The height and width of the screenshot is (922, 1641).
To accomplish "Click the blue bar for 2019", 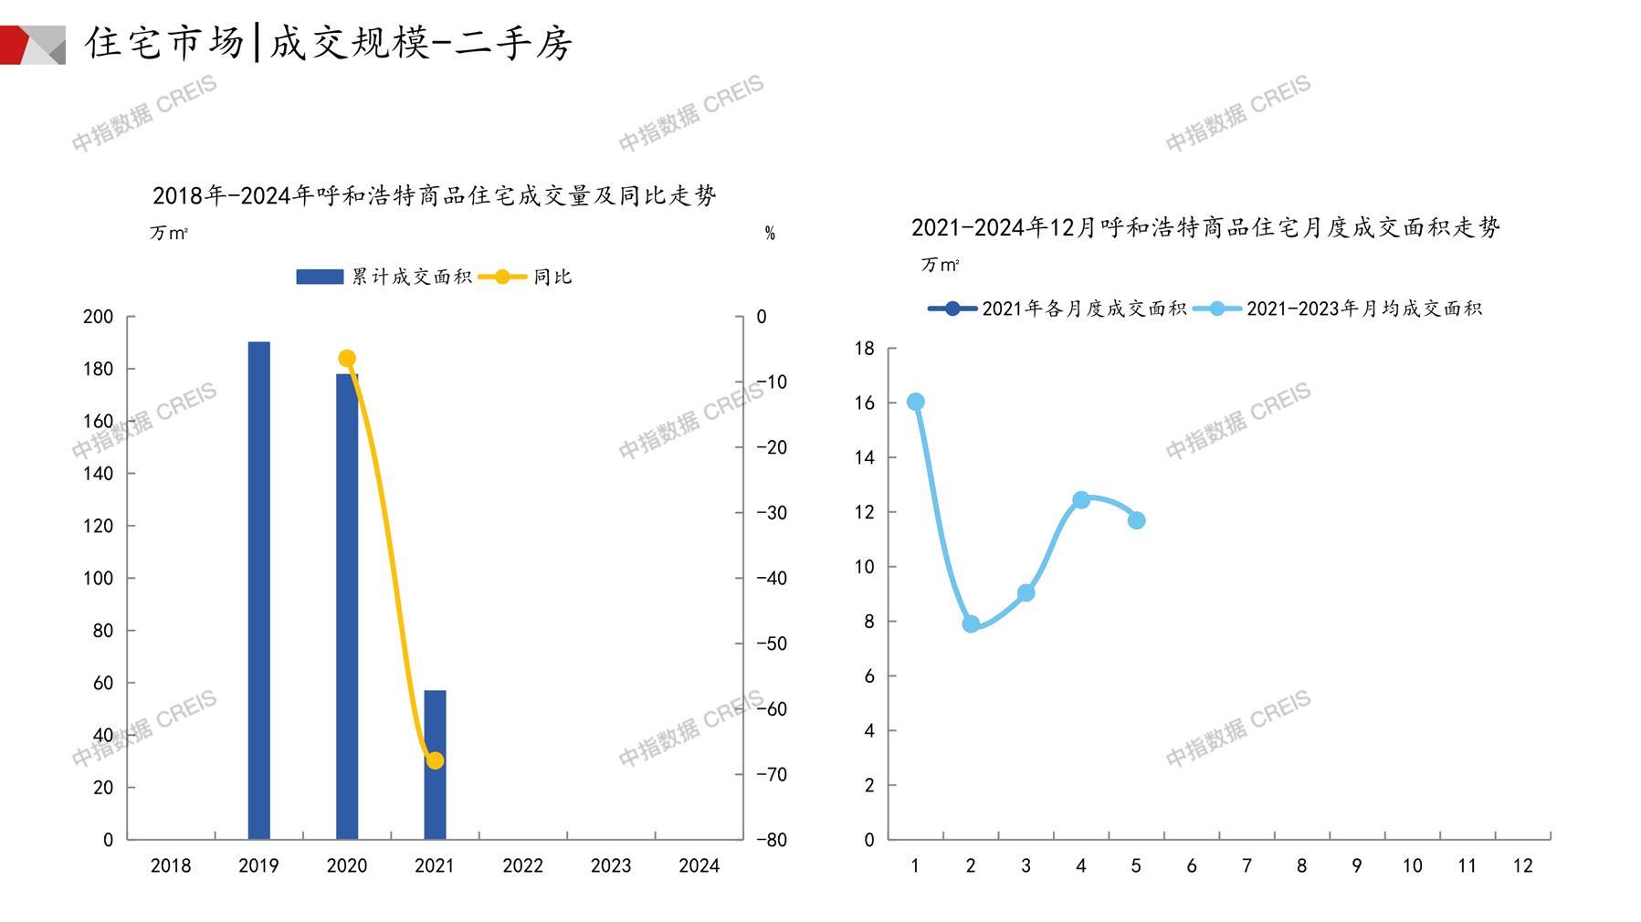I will tap(258, 590).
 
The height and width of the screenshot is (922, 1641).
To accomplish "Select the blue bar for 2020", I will tap(347, 606).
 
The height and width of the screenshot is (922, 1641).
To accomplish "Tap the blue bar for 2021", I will tap(435, 765).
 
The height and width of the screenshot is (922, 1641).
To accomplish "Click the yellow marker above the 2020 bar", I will tap(347, 359).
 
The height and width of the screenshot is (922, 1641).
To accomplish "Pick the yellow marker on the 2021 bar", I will tap(435, 760).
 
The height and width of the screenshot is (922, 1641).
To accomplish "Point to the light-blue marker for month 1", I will tap(915, 402).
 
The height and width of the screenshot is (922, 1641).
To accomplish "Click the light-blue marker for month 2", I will tap(971, 624).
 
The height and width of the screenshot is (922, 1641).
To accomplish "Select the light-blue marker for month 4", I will tap(1081, 500).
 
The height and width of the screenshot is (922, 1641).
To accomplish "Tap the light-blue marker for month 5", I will tap(1136, 520).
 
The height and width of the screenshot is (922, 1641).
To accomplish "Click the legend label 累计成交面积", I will tap(412, 277).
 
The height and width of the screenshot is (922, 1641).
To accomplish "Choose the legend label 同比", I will tap(552, 277).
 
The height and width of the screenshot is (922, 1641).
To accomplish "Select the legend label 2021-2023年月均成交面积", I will tap(1363, 309).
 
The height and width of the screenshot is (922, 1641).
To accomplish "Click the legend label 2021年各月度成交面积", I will tap(1084, 309).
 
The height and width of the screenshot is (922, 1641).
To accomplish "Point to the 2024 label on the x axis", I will tap(699, 865).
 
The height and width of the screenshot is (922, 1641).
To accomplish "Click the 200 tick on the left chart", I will tap(98, 317).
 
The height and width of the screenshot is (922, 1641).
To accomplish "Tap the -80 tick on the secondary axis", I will tap(772, 840).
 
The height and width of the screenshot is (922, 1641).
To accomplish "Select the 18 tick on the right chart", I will tap(864, 348).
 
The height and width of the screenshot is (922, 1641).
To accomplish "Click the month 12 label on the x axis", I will tap(1522, 865).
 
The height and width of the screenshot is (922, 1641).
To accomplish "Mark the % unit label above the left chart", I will tap(770, 234).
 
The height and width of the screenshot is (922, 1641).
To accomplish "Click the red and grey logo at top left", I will tap(33, 44).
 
